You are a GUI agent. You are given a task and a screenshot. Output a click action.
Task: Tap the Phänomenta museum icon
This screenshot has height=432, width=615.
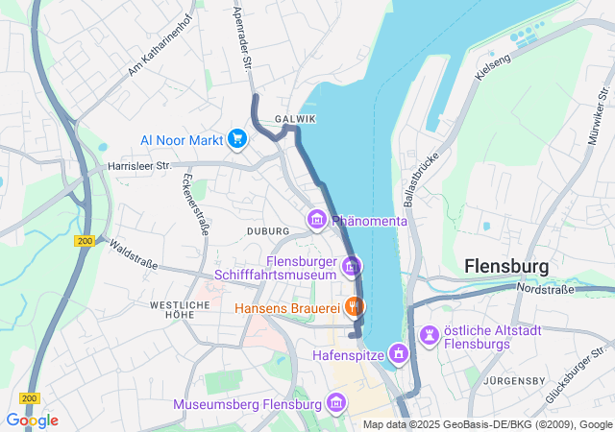tap(316, 221)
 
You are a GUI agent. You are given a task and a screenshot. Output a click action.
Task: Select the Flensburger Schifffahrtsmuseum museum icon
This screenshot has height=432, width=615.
tap(352, 265)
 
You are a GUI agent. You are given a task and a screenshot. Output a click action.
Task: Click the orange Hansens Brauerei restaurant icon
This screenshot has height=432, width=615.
tap(355, 307)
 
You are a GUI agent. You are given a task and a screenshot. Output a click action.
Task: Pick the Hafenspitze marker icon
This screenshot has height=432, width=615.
tap(395, 354)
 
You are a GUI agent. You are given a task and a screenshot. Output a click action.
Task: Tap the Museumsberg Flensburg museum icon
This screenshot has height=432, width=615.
tap(335, 403)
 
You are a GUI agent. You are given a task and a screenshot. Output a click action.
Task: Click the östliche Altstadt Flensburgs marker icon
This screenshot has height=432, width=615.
tap(429, 336)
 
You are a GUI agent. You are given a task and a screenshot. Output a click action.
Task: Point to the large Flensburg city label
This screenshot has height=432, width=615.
tap(505, 265)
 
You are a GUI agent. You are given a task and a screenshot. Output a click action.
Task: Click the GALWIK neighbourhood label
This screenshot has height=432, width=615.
tap(294, 119)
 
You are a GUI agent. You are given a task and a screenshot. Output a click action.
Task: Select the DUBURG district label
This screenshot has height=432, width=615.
tap(268, 231)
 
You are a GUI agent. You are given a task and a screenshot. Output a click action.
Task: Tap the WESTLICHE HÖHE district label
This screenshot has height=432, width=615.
tap(180, 309)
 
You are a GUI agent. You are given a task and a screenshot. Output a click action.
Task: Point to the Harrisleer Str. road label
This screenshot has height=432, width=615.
tap(137, 166)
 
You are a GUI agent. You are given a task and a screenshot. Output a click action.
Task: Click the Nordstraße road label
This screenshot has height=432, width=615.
tap(545, 288)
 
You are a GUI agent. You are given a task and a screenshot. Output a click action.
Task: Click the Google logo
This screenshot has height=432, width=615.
tap(32, 420)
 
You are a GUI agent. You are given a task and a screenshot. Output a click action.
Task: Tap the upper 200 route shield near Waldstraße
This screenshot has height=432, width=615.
tap(84, 242)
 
